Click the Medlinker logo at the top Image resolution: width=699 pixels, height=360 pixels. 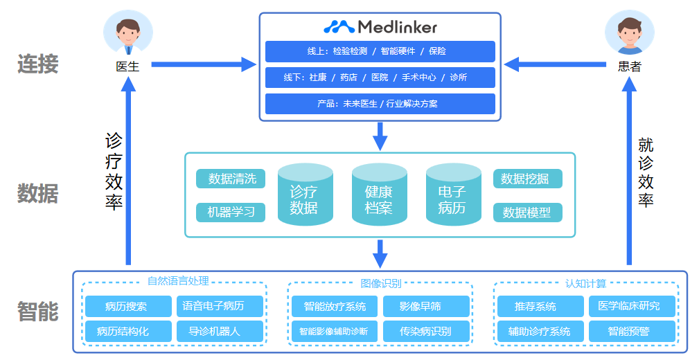pyautogui.click(x=380, y=27)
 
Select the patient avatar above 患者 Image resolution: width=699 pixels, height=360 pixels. pyautogui.click(x=629, y=34)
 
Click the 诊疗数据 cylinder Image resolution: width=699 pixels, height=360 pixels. pyautogui.click(x=305, y=195)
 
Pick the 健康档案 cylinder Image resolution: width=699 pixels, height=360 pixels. pyautogui.click(x=379, y=195)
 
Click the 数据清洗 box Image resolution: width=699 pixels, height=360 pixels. pyautogui.click(x=231, y=179)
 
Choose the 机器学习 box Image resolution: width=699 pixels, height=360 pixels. pyautogui.click(x=231, y=212)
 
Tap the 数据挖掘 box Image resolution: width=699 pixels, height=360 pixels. pyautogui.click(x=527, y=179)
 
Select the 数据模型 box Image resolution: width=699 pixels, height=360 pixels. pyautogui.click(x=527, y=213)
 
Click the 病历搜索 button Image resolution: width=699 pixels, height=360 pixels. pyautogui.click(x=126, y=306)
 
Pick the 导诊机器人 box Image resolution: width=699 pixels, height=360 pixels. pyautogui.click(x=220, y=331)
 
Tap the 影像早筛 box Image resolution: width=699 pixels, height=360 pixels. pyautogui.click(x=426, y=306)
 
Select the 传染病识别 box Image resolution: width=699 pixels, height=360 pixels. pyautogui.click(x=426, y=331)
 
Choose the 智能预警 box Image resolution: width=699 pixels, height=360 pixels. pyautogui.click(x=631, y=331)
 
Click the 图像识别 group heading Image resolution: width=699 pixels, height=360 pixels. pyautogui.click(x=380, y=283)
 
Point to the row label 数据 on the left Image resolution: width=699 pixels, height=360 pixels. pyautogui.click(x=37, y=193)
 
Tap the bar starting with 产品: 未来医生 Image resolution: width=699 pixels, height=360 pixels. pyautogui.click(x=380, y=104)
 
